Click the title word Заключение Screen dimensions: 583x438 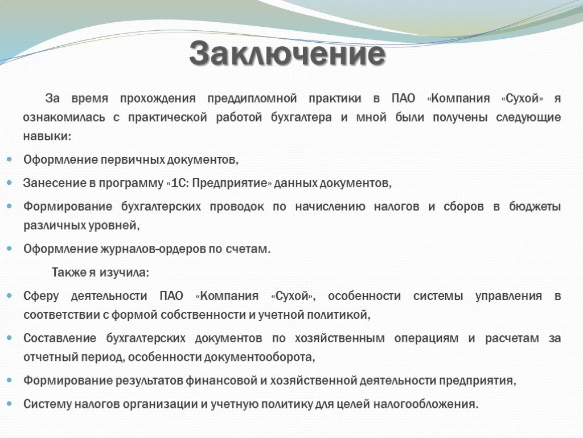tap(287, 53)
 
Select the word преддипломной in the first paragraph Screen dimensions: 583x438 tap(252, 98)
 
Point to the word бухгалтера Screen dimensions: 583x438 tap(301, 117)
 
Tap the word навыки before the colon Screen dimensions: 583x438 tap(46, 136)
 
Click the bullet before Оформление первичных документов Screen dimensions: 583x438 tap(9, 160)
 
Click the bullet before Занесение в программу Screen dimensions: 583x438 tap(9, 183)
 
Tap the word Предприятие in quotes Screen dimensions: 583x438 tap(230, 183)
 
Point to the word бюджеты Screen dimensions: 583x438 tap(535, 206)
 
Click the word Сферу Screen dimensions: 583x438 tap(41, 296)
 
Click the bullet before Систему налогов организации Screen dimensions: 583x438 tap(9, 404)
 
